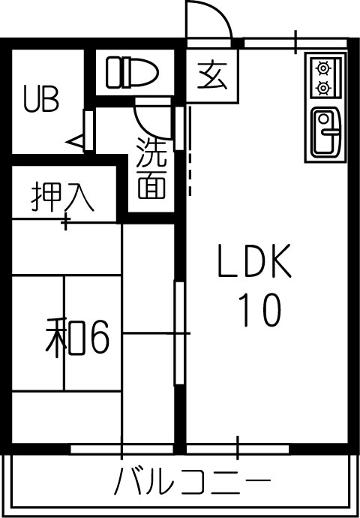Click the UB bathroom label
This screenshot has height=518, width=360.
click(x=41, y=98)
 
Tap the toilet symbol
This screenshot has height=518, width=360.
click(x=132, y=73)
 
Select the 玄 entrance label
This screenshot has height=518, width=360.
click(x=212, y=76)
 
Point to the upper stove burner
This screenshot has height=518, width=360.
click(x=323, y=68)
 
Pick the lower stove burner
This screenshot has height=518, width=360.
click(x=323, y=88)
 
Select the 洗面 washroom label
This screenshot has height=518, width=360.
click(x=151, y=168)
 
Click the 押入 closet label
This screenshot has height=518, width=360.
click(x=63, y=197)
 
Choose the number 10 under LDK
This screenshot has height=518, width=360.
click(x=259, y=310)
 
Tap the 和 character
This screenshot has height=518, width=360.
click(x=65, y=338)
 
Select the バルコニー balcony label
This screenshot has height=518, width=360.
click(x=192, y=485)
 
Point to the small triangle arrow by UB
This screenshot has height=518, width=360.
click(x=74, y=142)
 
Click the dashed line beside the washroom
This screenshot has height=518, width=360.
click(x=190, y=150)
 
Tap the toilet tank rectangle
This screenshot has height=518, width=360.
click(x=112, y=73)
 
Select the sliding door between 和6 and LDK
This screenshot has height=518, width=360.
click(x=179, y=333)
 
